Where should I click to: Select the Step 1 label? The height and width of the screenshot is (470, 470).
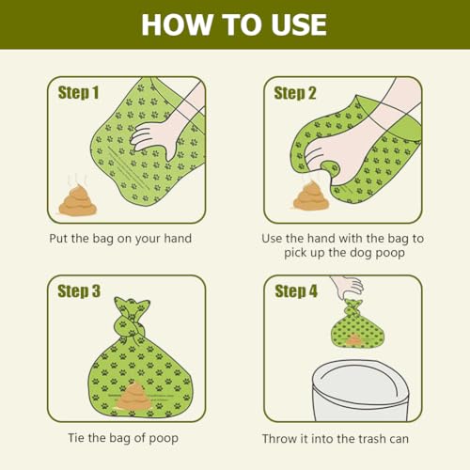click(78, 93)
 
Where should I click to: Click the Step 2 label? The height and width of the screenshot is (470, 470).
click(295, 93)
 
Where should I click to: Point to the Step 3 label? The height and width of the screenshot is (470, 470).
click(79, 291)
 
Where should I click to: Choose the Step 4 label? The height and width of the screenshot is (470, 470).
click(296, 291)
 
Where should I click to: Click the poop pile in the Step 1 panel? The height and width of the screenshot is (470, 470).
click(78, 201)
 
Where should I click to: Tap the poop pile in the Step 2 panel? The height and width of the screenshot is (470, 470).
click(311, 197)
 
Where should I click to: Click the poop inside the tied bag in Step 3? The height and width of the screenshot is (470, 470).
click(134, 397)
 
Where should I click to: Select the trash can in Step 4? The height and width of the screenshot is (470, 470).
click(360, 392)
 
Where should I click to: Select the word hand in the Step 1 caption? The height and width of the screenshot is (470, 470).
click(178, 239)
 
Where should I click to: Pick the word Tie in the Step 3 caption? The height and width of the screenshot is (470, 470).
click(76, 437)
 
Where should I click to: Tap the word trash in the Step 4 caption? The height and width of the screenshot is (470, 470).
click(372, 439)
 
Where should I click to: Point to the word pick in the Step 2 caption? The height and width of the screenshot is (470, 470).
click(294, 253)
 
